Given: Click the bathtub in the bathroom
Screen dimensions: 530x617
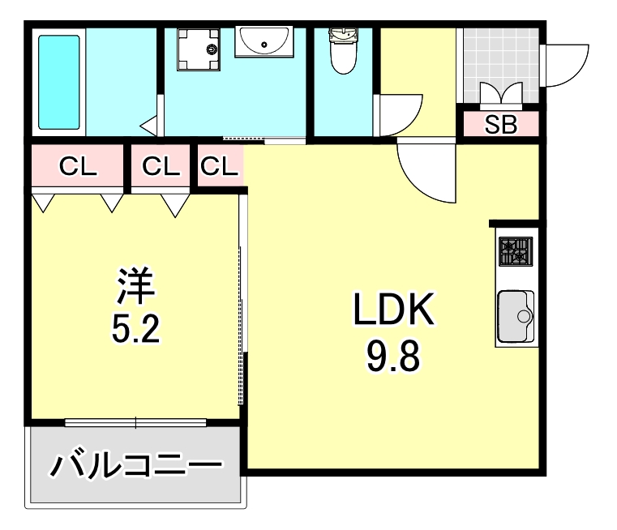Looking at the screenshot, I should coord(59,82).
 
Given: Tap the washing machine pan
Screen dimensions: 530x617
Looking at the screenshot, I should coord(199,50).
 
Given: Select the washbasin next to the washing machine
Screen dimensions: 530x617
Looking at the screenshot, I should coord(264,41).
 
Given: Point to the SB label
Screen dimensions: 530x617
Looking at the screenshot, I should coord(500,126).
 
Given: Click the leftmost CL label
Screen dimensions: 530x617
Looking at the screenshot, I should coord(79,167).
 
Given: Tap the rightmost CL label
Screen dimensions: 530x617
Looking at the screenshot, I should coord(220,167).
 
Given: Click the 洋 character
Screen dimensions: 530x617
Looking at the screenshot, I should coord(135,286).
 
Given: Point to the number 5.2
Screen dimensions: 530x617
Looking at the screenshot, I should coord(135,328).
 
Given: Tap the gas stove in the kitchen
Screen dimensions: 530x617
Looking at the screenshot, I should coord(515,252).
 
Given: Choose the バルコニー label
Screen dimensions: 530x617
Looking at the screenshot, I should coord(136,466).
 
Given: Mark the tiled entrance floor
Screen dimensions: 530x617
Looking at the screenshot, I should coord(499,57).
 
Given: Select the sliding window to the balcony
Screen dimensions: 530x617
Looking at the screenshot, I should coord(135,421).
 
